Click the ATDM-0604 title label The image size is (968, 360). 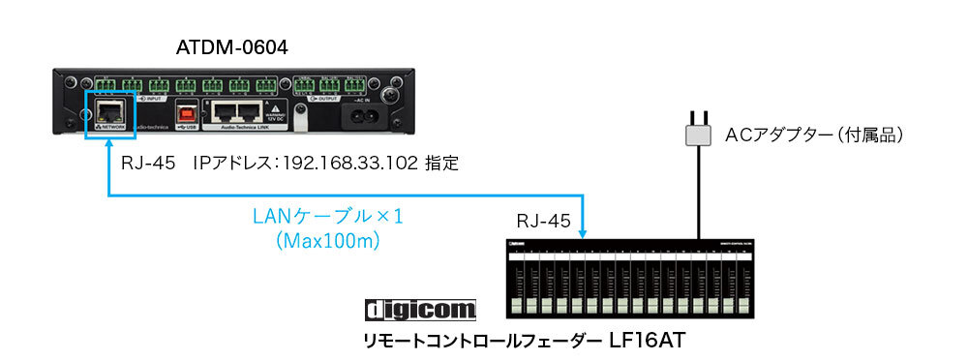pyautogui.click(x=232, y=47)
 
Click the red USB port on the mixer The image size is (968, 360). pyautogui.click(x=184, y=111)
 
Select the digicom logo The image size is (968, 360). pyautogui.click(x=421, y=310)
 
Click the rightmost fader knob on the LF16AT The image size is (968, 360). pyautogui.click(x=743, y=304)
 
